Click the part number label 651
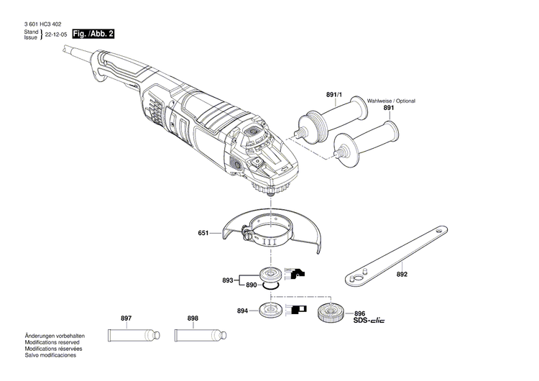coord(203,233)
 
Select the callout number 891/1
coord(333,95)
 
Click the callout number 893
coord(229,280)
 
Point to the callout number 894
coord(243,311)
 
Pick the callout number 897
coord(126,318)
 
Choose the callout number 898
coord(193,318)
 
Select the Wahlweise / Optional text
coord(392,101)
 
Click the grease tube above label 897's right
coord(132,335)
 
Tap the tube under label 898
coord(199,335)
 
